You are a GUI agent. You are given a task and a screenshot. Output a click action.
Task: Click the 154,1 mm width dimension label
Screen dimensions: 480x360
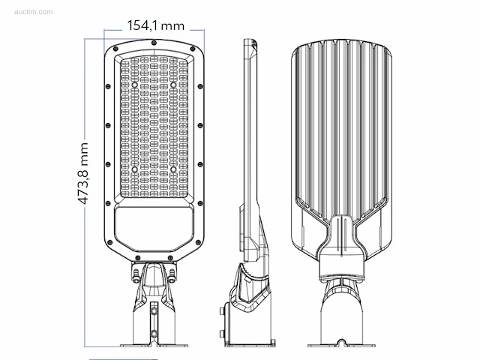(156, 25)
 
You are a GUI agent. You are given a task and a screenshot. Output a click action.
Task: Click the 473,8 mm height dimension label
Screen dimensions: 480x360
(83, 173)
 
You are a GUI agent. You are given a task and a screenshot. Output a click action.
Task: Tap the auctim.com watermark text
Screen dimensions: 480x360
(33, 12)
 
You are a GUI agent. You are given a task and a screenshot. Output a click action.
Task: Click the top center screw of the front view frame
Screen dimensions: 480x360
(154, 43)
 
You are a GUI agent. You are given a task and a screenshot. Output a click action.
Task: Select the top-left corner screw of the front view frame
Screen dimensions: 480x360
(115, 49)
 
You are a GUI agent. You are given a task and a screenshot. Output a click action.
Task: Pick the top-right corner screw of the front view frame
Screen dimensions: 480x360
(193, 49)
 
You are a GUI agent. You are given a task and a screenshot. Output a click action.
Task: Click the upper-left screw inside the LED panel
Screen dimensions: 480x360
(135, 85)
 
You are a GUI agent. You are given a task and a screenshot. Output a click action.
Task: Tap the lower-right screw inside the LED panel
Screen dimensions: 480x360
(173, 169)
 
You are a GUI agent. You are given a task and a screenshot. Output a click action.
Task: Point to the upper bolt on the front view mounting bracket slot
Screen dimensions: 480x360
(154, 312)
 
